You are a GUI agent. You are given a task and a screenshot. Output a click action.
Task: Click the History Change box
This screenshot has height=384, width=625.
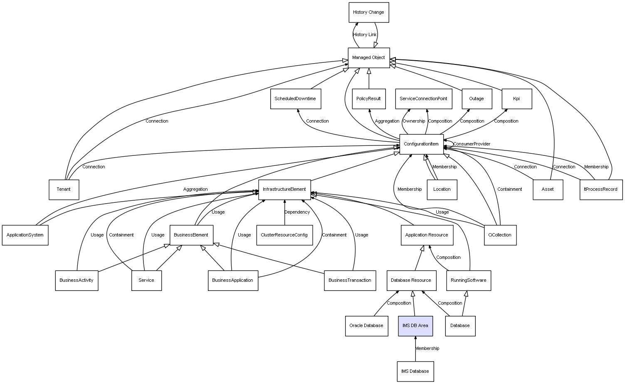point(368,12)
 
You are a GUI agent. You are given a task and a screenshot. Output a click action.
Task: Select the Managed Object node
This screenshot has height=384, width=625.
point(368,58)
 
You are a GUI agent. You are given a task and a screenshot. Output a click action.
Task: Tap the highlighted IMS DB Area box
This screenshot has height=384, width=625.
point(415,326)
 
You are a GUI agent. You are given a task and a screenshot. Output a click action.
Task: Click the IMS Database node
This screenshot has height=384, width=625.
point(415,371)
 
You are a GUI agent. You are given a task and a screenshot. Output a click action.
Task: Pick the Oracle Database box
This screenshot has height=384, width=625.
point(366,326)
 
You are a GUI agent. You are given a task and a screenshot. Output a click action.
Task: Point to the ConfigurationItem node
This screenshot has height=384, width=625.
point(421,144)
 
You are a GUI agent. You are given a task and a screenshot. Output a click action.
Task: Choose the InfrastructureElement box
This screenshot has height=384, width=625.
point(284,190)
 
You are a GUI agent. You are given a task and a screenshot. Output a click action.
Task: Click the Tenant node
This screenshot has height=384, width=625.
point(64,190)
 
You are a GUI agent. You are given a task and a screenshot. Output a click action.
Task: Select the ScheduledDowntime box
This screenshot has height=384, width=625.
point(295,99)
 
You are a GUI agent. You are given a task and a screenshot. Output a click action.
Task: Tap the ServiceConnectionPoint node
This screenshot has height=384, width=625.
point(423,99)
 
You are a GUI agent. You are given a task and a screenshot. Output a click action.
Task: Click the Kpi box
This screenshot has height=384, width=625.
point(516,99)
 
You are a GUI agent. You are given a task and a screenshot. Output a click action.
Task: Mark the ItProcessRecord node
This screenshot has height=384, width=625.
point(601,190)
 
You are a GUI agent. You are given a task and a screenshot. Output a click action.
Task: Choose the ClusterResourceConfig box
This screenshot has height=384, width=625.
point(284,235)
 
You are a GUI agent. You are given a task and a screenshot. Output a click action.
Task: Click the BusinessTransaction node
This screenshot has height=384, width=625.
point(350,281)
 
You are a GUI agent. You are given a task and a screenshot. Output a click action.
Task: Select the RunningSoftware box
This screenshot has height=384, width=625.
point(469,281)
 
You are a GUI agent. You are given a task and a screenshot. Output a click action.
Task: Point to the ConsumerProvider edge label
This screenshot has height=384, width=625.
point(472,144)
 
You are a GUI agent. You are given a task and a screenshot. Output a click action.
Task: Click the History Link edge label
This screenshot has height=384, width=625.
point(365,35)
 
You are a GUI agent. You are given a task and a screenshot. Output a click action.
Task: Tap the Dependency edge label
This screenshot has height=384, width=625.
point(297,212)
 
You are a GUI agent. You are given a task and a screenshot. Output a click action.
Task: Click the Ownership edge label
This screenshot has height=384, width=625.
point(414,121)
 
